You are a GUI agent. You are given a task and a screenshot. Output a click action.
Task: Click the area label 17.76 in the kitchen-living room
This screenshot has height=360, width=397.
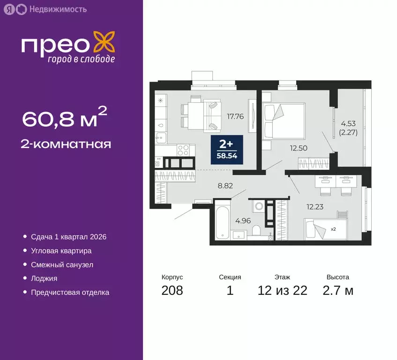tap(235, 117)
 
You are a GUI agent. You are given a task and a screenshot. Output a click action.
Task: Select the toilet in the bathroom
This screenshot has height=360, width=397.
tap(256, 231)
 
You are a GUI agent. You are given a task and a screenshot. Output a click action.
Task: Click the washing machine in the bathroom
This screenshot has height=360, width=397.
tap(257, 207)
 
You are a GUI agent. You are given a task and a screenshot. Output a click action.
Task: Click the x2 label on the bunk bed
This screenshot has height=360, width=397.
tap(333, 229)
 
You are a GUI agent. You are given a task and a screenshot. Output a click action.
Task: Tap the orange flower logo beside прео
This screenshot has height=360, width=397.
tap(103, 41)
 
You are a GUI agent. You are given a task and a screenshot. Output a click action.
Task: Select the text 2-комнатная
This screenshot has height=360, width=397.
tap(67, 143)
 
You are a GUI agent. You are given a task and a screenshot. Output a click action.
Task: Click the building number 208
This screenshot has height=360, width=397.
tap(172, 291)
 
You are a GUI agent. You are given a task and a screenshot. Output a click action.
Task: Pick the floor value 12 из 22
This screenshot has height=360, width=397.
tap(282, 291)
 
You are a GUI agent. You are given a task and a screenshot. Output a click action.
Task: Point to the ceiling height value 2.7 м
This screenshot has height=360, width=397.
tap(337, 291)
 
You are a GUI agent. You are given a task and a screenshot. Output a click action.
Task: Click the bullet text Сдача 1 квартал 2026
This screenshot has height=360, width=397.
tap(68, 237)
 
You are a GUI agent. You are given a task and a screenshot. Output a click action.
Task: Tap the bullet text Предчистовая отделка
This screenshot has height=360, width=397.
tap(70, 292)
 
